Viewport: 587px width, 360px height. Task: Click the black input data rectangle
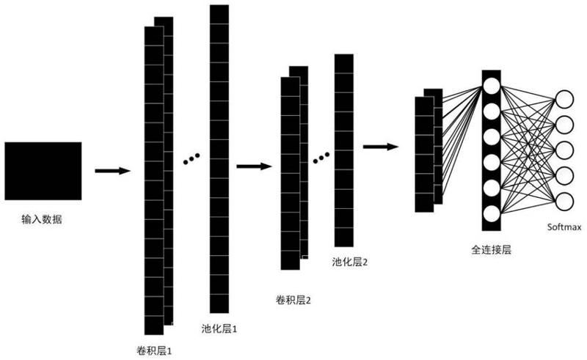[43, 171]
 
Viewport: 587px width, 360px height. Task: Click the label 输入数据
[43, 218]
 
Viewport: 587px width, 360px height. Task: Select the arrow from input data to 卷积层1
[112, 171]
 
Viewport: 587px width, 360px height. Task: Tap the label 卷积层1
[154, 350]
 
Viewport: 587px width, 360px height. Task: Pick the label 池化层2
[349, 261]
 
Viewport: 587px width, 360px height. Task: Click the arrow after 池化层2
[380, 147]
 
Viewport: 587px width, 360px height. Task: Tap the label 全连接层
[491, 249]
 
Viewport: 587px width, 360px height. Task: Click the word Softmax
[564, 227]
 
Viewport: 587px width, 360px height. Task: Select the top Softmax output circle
[564, 100]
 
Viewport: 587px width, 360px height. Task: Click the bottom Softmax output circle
[564, 201]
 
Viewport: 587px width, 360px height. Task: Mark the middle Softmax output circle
[564, 150]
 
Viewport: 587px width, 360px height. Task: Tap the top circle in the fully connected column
[491, 84]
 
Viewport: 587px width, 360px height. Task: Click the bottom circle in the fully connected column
[491, 213]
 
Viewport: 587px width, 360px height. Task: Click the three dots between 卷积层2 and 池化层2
[321, 157]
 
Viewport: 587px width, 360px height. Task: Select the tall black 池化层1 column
[219, 158]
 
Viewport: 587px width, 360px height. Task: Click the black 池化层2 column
[344, 150]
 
